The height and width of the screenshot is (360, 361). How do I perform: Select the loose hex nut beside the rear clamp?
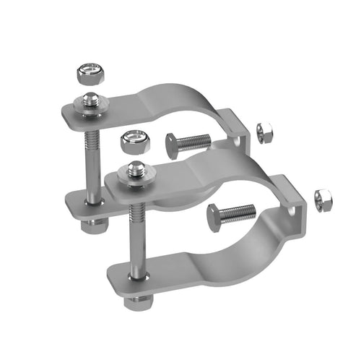point(264,132)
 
